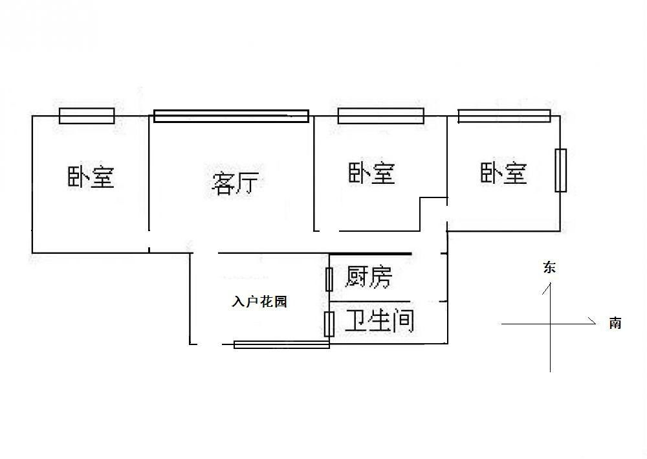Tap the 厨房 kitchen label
tap(368, 277)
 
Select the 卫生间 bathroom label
tap(379, 320)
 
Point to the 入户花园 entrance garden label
tap(259, 302)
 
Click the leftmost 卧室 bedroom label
tap(91, 176)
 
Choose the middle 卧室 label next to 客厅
tap(371, 173)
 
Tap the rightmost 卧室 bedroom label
tap(503, 173)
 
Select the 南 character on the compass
tap(615, 323)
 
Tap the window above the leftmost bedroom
tap(87, 116)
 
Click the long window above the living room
tap(231, 117)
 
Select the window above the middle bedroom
tap(380, 116)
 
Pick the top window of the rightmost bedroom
tap(504, 116)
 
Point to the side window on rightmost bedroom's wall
tap(560, 170)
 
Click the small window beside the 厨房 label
tap(329, 278)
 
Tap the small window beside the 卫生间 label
tap(329, 323)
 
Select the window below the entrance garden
tap(281, 344)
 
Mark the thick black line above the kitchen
tap(369, 254)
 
